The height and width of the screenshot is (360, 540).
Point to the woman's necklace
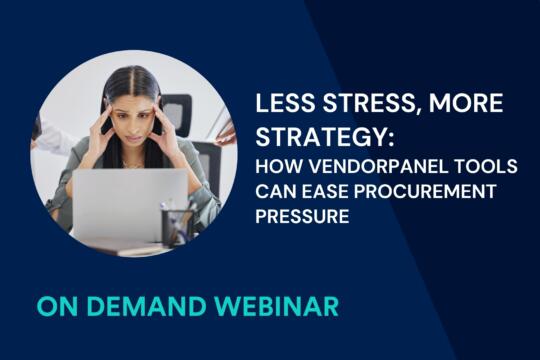click(x=131, y=163)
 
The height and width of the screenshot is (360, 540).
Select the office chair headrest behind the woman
click(x=177, y=110)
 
